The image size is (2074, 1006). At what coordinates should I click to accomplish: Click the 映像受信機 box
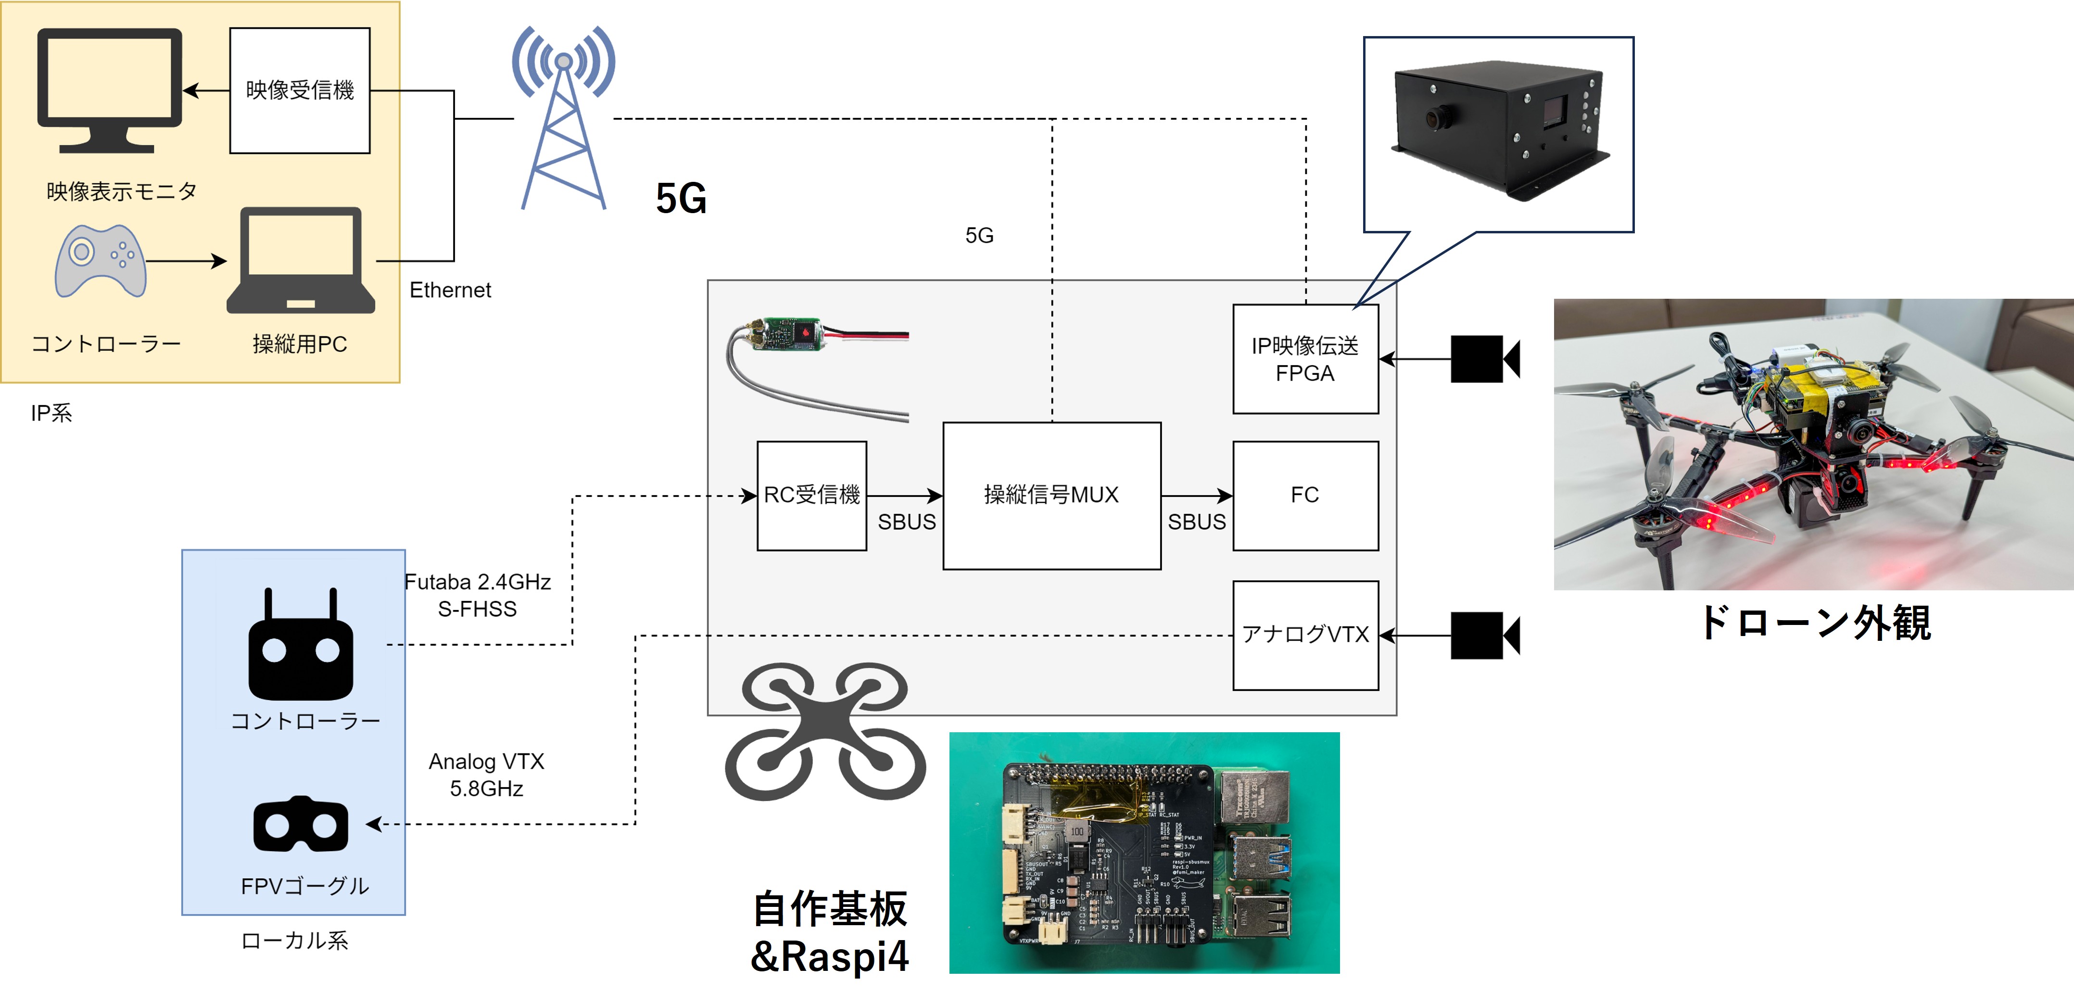300,90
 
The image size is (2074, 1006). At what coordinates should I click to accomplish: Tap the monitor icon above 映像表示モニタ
110,89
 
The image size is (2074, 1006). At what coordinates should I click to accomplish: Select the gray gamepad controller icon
101,261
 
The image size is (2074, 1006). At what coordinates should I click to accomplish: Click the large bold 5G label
681,198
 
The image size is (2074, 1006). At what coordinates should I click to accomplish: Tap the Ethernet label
450,290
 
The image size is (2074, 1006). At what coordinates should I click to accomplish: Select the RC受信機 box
811,496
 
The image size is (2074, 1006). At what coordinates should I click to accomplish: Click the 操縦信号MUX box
1051,496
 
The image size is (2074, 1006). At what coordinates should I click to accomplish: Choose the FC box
1305,496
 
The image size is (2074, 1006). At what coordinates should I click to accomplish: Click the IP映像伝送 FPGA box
1305,359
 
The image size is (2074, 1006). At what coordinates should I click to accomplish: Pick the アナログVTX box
1305,635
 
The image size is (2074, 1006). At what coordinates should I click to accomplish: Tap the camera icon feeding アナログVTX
1484,635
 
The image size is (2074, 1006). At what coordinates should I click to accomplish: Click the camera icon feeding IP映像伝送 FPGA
1484,359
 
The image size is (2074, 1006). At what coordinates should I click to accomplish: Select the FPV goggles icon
300,824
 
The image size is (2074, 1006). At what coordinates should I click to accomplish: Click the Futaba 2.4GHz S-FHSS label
478,595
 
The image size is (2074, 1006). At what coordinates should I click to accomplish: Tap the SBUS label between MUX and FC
1196,522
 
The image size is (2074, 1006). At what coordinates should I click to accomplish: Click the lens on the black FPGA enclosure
1435,118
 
